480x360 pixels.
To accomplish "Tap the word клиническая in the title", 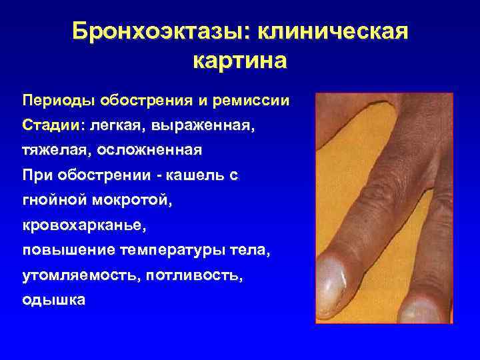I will (x=332, y=31).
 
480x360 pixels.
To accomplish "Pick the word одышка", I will (x=53, y=300).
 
